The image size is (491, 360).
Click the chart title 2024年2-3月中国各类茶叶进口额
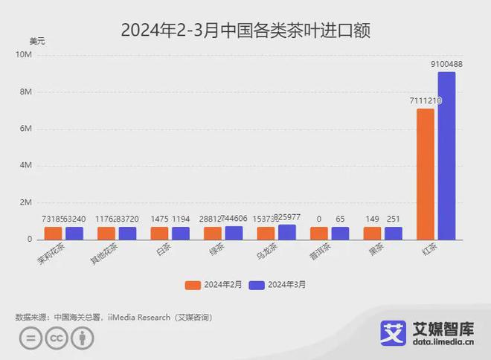[245, 30]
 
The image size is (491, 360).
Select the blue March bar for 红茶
[446, 156]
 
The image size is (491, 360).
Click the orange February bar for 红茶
[426, 174]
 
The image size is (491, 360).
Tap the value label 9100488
[446, 65]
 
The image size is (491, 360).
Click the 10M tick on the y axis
[25, 54]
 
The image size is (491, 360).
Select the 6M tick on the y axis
[25, 129]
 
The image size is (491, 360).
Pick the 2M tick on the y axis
[25, 202]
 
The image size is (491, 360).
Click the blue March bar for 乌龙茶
[286, 232]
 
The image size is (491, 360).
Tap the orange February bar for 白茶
[159, 234]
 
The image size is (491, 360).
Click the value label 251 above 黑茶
[393, 220]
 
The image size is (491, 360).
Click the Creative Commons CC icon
[54, 339]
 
